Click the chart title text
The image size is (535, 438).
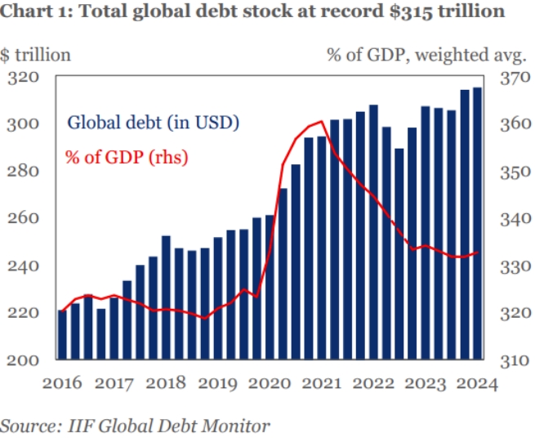252,14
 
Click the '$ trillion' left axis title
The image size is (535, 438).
36,55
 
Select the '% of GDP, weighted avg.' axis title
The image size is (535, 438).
426,55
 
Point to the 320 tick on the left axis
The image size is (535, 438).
25,78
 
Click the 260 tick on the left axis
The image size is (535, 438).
25,219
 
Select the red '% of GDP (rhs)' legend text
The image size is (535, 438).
127,156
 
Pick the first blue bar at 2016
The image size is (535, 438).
62,334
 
